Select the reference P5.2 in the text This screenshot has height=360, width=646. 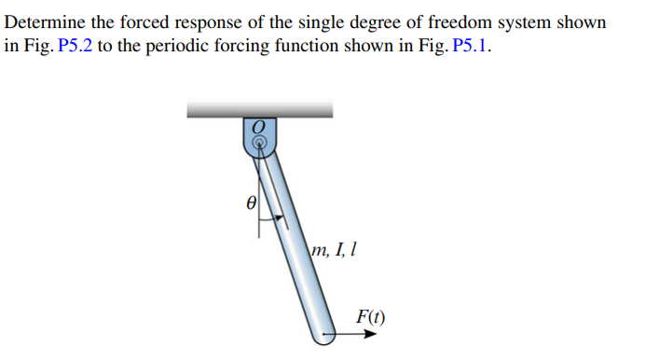[x=74, y=47]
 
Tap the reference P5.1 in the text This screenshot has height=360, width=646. [x=470, y=47]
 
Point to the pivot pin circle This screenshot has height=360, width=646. [x=260, y=143]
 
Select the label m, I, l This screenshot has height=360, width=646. [x=336, y=249]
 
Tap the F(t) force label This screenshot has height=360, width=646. [x=370, y=315]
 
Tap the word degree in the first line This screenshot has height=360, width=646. [x=383, y=21]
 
